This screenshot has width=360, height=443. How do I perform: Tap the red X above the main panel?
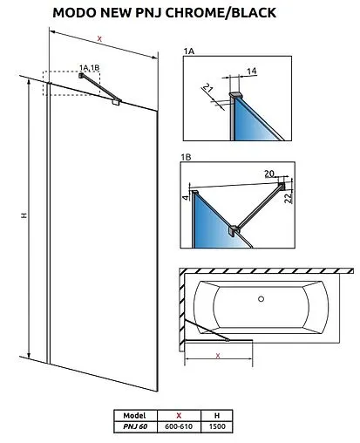click(99, 39)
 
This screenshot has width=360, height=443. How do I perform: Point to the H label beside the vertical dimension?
click(24, 215)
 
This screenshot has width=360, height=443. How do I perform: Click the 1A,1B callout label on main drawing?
click(90, 68)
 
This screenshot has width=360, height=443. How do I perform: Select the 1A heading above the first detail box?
click(189, 51)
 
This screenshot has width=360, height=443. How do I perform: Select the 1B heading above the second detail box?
click(186, 157)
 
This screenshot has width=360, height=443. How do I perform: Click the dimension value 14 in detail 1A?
click(252, 71)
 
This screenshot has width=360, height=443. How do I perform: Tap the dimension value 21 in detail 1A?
click(207, 87)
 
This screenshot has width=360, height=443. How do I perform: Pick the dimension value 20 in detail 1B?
click(269, 174)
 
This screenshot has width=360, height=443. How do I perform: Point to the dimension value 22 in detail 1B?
click(288, 198)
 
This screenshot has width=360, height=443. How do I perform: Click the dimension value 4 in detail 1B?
click(186, 198)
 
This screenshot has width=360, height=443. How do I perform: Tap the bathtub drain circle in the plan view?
click(262, 298)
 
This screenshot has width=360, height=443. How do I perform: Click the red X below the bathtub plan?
click(218, 356)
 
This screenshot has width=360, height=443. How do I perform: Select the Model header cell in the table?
click(135, 415)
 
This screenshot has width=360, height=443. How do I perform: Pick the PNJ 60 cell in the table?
click(135, 426)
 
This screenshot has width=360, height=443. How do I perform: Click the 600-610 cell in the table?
click(179, 426)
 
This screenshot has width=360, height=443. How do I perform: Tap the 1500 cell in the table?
click(217, 426)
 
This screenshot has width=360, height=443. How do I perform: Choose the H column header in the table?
click(217, 415)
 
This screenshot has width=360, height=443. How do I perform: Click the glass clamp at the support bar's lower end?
click(117, 101)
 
